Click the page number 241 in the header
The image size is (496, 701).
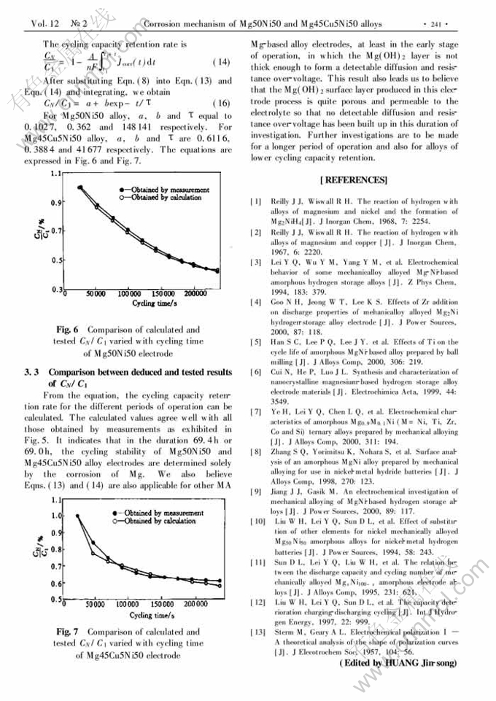tap(439, 24)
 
